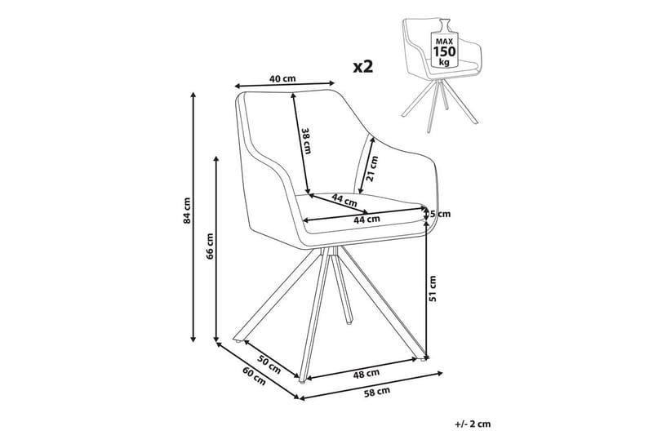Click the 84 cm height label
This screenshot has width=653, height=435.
click(x=186, y=211)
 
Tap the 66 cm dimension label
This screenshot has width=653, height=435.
click(x=210, y=246)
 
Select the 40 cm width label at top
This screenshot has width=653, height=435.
click(x=282, y=78)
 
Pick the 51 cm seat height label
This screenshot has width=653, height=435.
click(x=434, y=287)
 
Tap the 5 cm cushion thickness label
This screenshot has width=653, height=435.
click(x=441, y=214)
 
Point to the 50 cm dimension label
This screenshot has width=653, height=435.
click(x=269, y=360)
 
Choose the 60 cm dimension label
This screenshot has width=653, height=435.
click(x=254, y=377)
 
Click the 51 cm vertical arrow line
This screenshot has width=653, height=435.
click(x=426, y=286)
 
